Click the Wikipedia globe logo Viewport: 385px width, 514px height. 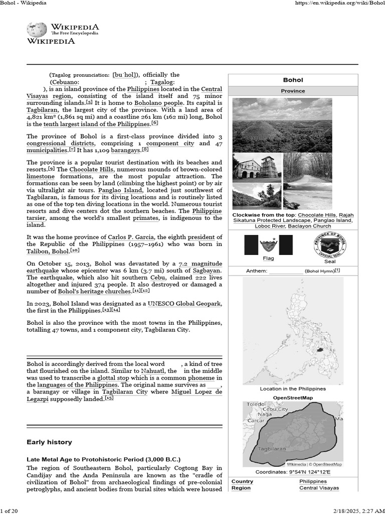click(x=37, y=29)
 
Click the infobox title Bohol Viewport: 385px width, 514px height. click(x=293, y=80)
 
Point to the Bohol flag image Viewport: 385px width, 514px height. click(x=268, y=244)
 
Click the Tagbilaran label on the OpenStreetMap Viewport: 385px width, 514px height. click(x=272, y=449)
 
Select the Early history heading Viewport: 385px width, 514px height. click(x=49, y=442)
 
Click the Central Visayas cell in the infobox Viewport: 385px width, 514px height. click(x=319, y=488)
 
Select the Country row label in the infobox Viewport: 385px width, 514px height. click(x=243, y=481)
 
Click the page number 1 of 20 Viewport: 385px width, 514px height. click(x=10, y=511)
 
